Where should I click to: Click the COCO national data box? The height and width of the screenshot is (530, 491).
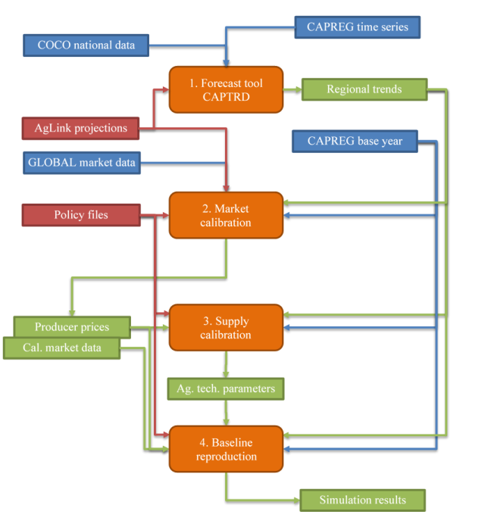[x=86, y=45]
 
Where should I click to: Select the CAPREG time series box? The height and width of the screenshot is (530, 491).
[x=357, y=27]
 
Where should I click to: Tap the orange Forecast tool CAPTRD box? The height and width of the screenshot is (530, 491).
[x=226, y=90]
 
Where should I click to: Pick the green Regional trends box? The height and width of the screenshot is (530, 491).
[x=364, y=89]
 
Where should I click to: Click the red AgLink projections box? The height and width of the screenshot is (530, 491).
[x=80, y=128]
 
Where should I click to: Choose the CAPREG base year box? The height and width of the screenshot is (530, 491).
[x=355, y=141]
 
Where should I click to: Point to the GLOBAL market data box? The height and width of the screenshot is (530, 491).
[x=82, y=162]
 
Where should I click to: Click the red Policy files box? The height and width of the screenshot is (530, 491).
[x=80, y=215]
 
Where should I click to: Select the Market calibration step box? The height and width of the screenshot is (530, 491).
[x=226, y=215]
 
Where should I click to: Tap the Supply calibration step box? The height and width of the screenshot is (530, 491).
[x=226, y=328]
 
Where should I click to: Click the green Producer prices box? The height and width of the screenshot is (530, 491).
[x=72, y=327]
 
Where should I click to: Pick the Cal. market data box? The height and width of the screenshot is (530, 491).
[x=61, y=348]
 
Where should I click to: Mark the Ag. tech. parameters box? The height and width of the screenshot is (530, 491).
[x=226, y=389]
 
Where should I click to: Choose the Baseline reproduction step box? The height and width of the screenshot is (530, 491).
[x=226, y=449]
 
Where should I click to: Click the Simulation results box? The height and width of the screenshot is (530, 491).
[x=362, y=500]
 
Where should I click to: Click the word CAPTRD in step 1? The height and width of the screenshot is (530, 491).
[x=226, y=97]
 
